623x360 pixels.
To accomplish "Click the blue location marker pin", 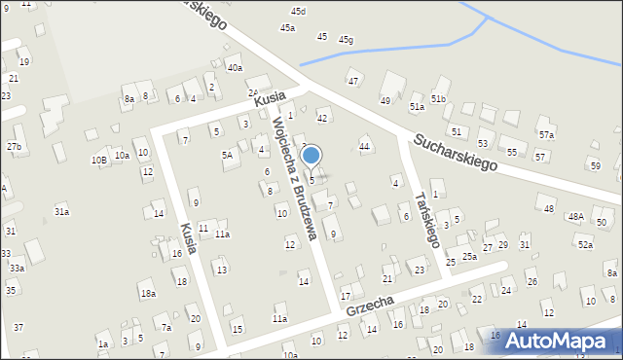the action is tap(311, 156).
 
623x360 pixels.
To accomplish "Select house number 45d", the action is tap(298, 11).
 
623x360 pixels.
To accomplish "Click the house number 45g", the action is tap(346, 40).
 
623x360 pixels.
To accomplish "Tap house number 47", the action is tap(353, 81).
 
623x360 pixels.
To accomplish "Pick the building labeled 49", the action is tap(385, 100).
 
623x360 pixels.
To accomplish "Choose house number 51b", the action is tap(439, 99).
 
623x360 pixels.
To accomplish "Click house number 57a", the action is tap(547, 135).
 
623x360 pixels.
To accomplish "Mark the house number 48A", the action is tap(576, 216).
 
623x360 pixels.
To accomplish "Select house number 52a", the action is tap(584, 245).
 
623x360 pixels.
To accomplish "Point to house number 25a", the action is tap(469, 256).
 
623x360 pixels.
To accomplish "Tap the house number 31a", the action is tap(61, 211).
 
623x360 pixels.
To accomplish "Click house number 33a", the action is tap(17, 268).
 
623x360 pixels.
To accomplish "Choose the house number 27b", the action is tap(14, 146).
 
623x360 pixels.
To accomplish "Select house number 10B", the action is tap(98, 160).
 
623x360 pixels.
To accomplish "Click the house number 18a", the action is tap(148, 293).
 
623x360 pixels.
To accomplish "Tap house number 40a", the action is tap(235, 68).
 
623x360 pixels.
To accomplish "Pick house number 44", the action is tap(365, 146).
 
